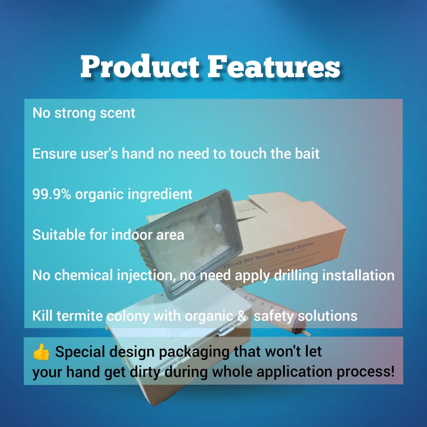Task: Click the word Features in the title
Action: [x=274, y=67]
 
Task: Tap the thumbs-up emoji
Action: [x=41, y=352]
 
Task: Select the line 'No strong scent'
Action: [x=84, y=113]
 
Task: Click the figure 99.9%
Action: [x=52, y=194]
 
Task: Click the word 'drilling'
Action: [x=296, y=275]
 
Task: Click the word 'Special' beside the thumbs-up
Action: [x=79, y=352]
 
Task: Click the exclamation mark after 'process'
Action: [x=392, y=371]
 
